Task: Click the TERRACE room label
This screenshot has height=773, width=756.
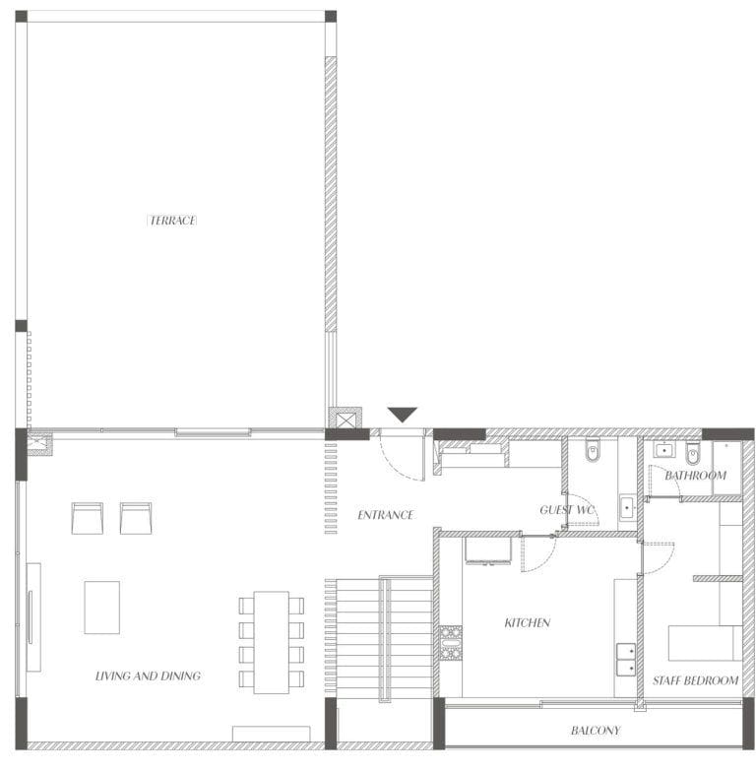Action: (x=172, y=221)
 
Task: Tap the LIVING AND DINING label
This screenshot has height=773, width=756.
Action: (x=148, y=676)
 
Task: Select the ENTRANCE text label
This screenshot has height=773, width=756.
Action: (x=386, y=515)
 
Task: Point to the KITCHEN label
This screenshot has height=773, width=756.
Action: (x=528, y=622)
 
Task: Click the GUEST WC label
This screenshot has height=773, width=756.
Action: (x=568, y=510)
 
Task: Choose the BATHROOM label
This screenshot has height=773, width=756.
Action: (x=695, y=476)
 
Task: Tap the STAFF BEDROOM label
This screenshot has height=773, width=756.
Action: (x=695, y=680)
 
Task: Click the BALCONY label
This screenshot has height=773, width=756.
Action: (x=596, y=730)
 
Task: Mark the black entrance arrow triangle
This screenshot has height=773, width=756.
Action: (x=403, y=415)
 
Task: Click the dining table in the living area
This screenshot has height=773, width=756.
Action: (x=271, y=642)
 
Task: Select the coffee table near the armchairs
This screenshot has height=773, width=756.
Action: (x=102, y=608)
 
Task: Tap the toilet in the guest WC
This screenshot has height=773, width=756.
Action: (x=593, y=451)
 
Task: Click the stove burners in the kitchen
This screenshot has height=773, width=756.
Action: (x=451, y=643)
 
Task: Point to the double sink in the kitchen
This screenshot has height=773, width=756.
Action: (x=626, y=659)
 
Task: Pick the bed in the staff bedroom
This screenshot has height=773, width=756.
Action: (x=705, y=643)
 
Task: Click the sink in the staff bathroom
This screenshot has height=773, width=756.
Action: (x=664, y=451)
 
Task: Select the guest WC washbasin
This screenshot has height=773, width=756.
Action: (x=627, y=507)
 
